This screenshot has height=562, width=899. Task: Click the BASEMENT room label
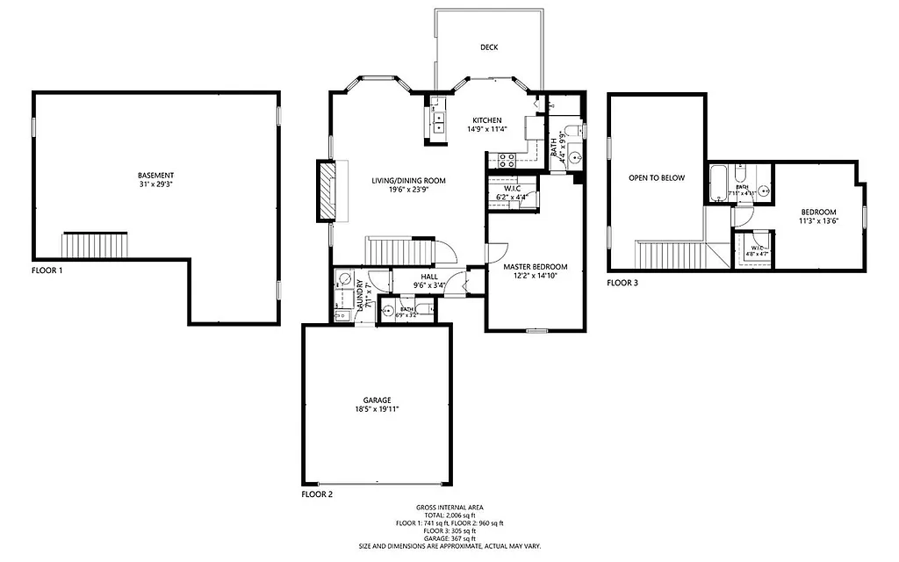[155, 175]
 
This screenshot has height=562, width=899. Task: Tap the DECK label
[490, 47]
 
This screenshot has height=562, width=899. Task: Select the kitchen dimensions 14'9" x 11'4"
[486, 130]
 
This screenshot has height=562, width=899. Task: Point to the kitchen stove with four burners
[507, 160]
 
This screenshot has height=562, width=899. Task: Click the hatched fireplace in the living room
[327, 191]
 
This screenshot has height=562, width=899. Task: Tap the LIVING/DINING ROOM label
[403, 180]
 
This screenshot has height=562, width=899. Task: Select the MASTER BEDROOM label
[535, 266]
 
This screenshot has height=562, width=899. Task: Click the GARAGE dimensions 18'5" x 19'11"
[376, 409]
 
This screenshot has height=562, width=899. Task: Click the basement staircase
[95, 245]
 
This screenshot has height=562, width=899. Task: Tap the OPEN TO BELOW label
[656, 177]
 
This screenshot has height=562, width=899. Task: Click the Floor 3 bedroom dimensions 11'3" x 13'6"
[818, 221]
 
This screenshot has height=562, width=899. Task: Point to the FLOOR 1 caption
[47, 271]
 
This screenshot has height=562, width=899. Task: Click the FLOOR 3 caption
[623, 283]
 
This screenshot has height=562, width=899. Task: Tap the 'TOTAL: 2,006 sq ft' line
[449, 515]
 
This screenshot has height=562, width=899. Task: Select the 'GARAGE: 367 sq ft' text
[449, 538]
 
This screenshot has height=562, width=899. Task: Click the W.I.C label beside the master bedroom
[513, 188]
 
